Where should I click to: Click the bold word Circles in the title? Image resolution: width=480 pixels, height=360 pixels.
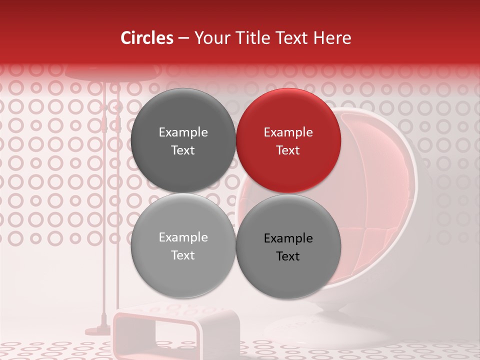pos(147,38)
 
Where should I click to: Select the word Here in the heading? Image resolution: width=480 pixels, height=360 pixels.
pos(332,38)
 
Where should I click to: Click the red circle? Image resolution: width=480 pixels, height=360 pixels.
pos(288,140)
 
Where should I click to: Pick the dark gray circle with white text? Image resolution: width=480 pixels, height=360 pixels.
pos(183,140)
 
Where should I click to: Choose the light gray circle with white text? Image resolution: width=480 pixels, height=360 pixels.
pos(183,246)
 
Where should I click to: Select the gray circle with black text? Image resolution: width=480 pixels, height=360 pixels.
pos(288,246)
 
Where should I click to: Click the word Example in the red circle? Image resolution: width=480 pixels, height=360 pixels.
pos(288,132)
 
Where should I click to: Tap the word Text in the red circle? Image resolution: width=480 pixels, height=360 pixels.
pos(288,150)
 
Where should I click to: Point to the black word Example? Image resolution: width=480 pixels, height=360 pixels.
pos(288,238)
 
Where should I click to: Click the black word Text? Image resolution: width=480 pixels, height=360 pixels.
pos(288,256)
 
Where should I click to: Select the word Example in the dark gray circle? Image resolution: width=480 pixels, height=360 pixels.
pos(183,132)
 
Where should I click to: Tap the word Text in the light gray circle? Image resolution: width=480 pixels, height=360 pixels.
pos(183,255)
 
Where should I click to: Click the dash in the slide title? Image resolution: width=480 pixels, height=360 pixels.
pos(183,38)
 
